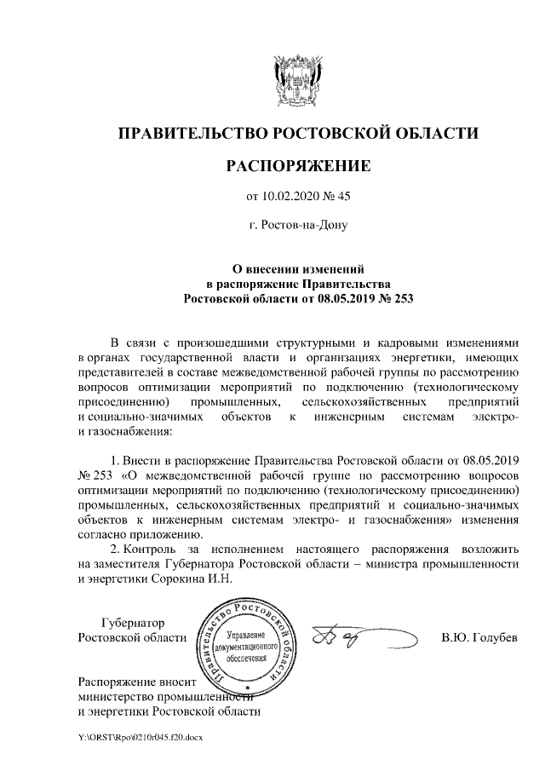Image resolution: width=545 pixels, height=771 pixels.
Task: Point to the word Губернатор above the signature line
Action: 132,623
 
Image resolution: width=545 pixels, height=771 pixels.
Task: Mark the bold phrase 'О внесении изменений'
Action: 298,268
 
